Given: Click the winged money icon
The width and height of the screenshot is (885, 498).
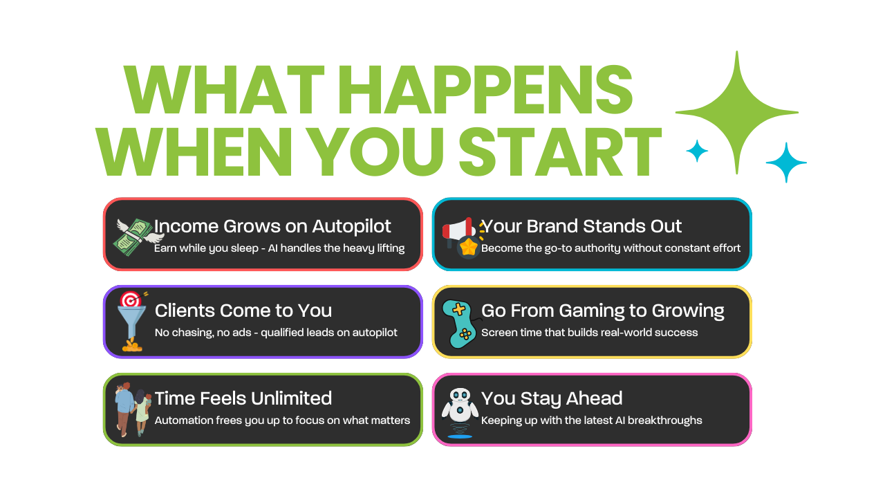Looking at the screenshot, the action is (138, 237).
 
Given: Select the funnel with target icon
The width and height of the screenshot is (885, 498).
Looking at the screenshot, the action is (132, 322).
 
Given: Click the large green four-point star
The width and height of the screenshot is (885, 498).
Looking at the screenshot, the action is (737, 113).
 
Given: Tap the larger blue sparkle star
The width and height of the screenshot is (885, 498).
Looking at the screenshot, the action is (786, 163).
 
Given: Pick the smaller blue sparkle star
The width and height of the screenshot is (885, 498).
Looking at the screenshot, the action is (697, 151).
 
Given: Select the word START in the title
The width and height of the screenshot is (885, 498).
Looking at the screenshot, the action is (560, 152).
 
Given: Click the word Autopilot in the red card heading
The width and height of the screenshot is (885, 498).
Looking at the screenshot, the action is (351, 227).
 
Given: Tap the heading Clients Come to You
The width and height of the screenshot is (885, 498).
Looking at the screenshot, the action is (243, 311).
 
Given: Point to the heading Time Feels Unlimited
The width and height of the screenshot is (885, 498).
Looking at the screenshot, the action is (243, 398).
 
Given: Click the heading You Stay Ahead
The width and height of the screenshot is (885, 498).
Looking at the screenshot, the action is (552, 399).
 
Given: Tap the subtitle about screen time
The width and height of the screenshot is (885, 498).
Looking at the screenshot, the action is (590, 333).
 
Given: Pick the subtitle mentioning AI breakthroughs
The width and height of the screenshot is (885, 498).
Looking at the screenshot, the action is (591, 420).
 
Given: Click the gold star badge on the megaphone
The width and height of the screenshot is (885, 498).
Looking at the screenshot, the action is (469, 248).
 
